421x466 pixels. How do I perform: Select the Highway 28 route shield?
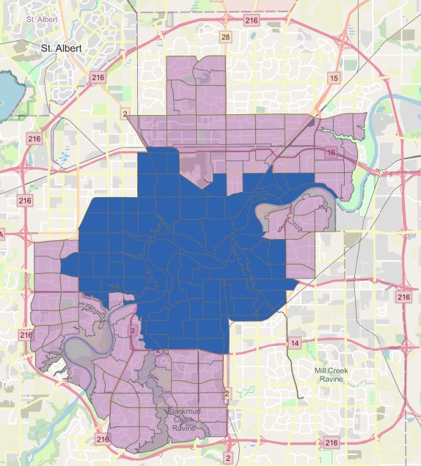tap(226, 37)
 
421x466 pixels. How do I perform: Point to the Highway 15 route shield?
tap(334, 78)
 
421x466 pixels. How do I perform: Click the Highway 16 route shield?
tap(332, 152)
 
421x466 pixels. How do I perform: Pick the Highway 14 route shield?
tap(294, 343)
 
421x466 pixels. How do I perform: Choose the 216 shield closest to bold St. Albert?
tap(98, 77)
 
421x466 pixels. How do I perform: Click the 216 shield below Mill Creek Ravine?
tap(332, 443)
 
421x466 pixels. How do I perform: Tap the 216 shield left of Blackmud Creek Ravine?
tap(101, 440)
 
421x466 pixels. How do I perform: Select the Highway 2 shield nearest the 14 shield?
tap(227, 393)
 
